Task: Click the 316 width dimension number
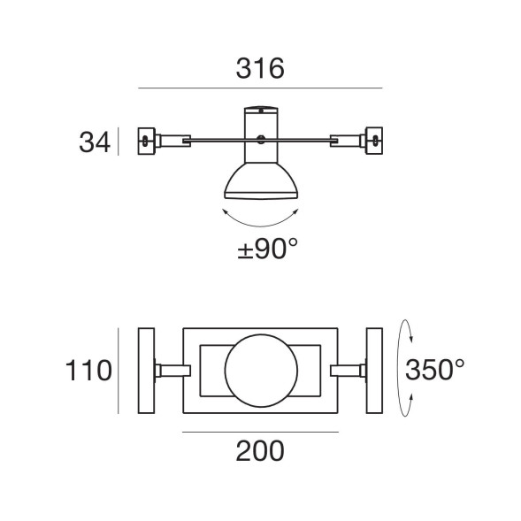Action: [x=260, y=68]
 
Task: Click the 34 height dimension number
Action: [x=93, y=142]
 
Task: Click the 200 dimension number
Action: [x=260, y=451]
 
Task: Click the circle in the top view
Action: [x=260, y=370]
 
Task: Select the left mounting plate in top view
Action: [x=146, y=370]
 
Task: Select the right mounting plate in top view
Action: [x=373, y=370]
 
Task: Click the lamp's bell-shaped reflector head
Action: [x=260, y=180]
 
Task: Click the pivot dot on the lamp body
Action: [x=260, y=139]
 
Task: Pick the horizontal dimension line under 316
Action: [x=260, y=88]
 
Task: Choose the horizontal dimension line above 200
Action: [x=260, y=432]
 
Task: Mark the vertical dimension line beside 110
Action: [x=119, y=370]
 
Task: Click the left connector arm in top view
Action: [x=172, y=370]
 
